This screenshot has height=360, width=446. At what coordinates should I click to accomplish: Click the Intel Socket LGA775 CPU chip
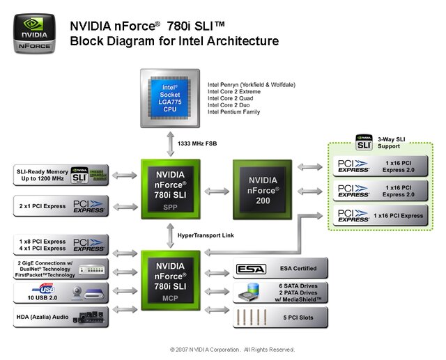(x=170, y=97)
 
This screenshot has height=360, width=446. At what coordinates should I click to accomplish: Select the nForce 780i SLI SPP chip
(x=170, y=189)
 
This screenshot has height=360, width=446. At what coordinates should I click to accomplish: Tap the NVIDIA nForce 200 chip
(x=263, y=189)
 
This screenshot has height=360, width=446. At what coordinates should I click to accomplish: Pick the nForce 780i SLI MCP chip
(x=170, y=281)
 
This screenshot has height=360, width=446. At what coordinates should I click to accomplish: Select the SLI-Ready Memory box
(x=61, y=175)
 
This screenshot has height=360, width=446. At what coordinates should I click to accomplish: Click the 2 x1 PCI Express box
(x=61, y=205)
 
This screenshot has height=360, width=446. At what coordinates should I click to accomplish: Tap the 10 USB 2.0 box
(x=61, y=293)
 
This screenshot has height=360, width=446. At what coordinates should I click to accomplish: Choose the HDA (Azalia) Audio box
(x=61, y=318)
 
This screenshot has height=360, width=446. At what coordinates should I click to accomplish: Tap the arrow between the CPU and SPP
(x=170, y=143)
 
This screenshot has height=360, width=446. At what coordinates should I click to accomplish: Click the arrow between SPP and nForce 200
(x=217, y=190)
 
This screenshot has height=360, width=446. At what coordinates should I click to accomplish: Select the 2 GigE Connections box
(x=61, y=269)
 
